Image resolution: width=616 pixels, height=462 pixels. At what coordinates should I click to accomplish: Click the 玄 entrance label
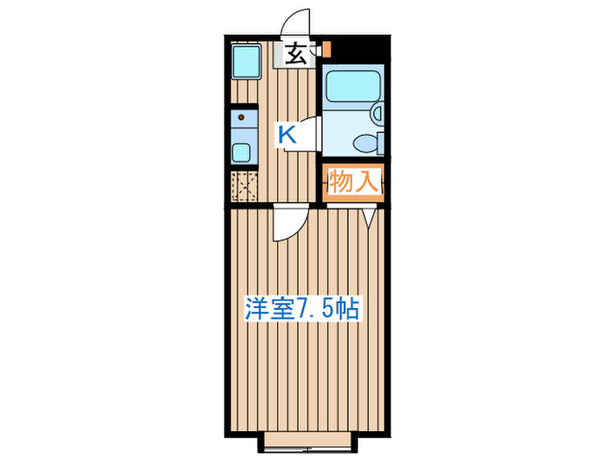point(296,55)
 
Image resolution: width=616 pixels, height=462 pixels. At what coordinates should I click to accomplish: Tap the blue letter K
point(287,135)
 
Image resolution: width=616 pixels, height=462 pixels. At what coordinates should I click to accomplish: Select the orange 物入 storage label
point(353,182)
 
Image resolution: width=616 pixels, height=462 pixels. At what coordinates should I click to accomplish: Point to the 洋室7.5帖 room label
point(300,309)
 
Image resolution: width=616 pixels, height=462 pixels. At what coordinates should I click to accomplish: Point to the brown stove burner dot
point(239,115)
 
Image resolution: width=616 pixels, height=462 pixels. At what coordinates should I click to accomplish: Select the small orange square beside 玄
point(325,49)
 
